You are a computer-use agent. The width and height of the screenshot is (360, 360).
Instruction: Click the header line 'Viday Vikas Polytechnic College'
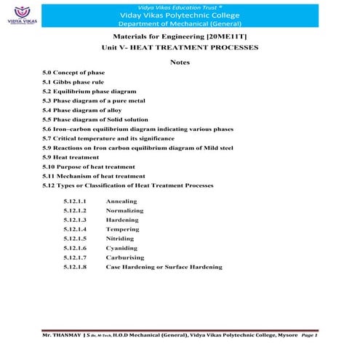click(179, 14)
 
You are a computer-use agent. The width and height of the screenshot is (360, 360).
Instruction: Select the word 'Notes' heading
click(179, 63)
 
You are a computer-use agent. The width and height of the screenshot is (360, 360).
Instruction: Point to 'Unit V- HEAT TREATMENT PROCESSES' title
click(180, 47)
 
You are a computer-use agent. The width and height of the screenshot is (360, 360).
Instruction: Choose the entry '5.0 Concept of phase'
click(73, 73)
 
